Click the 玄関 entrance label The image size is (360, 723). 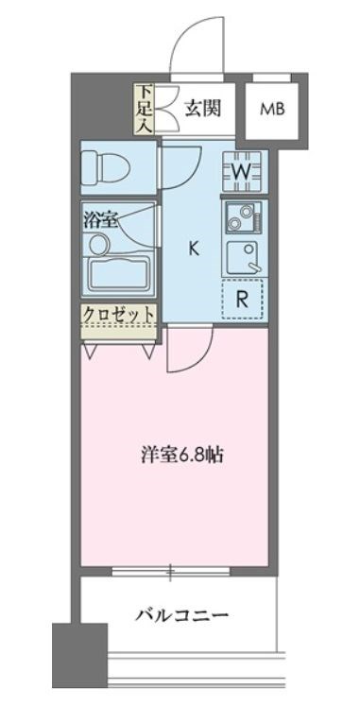point(202,108)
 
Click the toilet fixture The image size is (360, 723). point(101,167)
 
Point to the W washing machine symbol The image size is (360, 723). point(242,170)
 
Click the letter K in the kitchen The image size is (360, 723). point(193,249)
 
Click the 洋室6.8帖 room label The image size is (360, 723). point(182,454)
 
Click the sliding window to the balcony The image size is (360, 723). point(171,571)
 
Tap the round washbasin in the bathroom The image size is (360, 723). point(97,245)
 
